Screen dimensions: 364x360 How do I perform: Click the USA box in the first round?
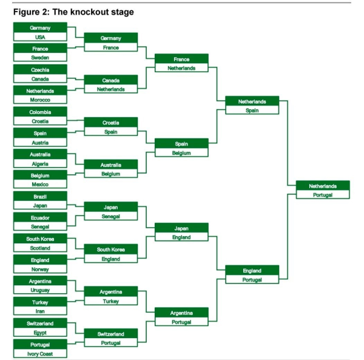click(x=40, y=37)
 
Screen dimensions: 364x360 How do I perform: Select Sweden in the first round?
click(x=40, y=57)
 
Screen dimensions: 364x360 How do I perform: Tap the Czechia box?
click(x=40, y=70)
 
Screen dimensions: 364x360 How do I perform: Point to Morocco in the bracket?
click(x=40, y=100)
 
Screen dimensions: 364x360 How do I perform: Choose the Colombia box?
click(x=40, y=112)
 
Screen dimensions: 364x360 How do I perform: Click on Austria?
click(x=40, y=143)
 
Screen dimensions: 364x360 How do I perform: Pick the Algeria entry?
click(x=40, y=163)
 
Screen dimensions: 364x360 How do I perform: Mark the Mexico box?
click(x=40, y=184)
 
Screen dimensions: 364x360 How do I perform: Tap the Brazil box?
click(x=40, y=197)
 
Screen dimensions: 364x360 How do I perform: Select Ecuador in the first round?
click(x=40, y=217)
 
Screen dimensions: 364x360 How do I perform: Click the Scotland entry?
click(x=40, y=248)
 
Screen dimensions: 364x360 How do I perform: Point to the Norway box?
click(x=40, y=269)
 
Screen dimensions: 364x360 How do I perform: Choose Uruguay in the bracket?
click(x=40, y=290)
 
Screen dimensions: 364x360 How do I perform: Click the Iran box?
click(x=40, y=311)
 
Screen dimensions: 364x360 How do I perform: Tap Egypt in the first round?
click(x=40, y=332)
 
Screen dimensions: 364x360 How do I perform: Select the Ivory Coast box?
click(x=40, y=353)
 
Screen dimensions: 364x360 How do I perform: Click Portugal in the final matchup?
click(x=323, y=195)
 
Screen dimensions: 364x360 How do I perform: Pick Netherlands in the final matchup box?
click(x=323, y=186)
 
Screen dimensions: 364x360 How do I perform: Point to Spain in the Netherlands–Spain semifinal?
click(x=252, y=110)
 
